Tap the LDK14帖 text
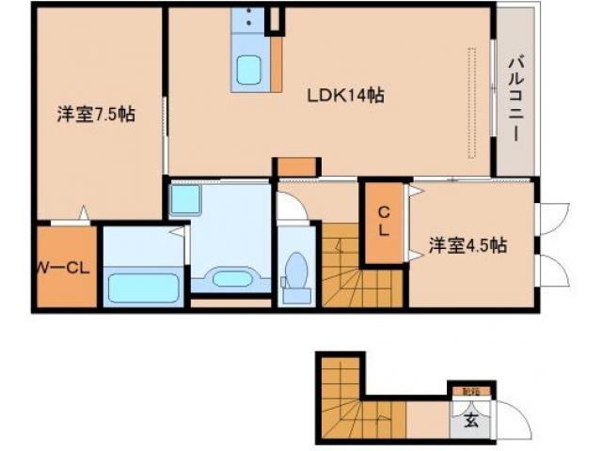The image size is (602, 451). (x=346, y=95)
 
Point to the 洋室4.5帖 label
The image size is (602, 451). (x=468, y=246)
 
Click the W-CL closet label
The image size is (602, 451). (x=64, y=268)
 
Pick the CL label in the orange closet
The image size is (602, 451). (x=384, y=221)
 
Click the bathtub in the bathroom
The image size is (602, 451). (x=142, y=285)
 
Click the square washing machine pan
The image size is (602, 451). (x=184, y=199)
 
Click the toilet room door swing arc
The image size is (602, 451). (x=292, y=209)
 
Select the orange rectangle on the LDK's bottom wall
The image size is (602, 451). (x=291, y=167)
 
